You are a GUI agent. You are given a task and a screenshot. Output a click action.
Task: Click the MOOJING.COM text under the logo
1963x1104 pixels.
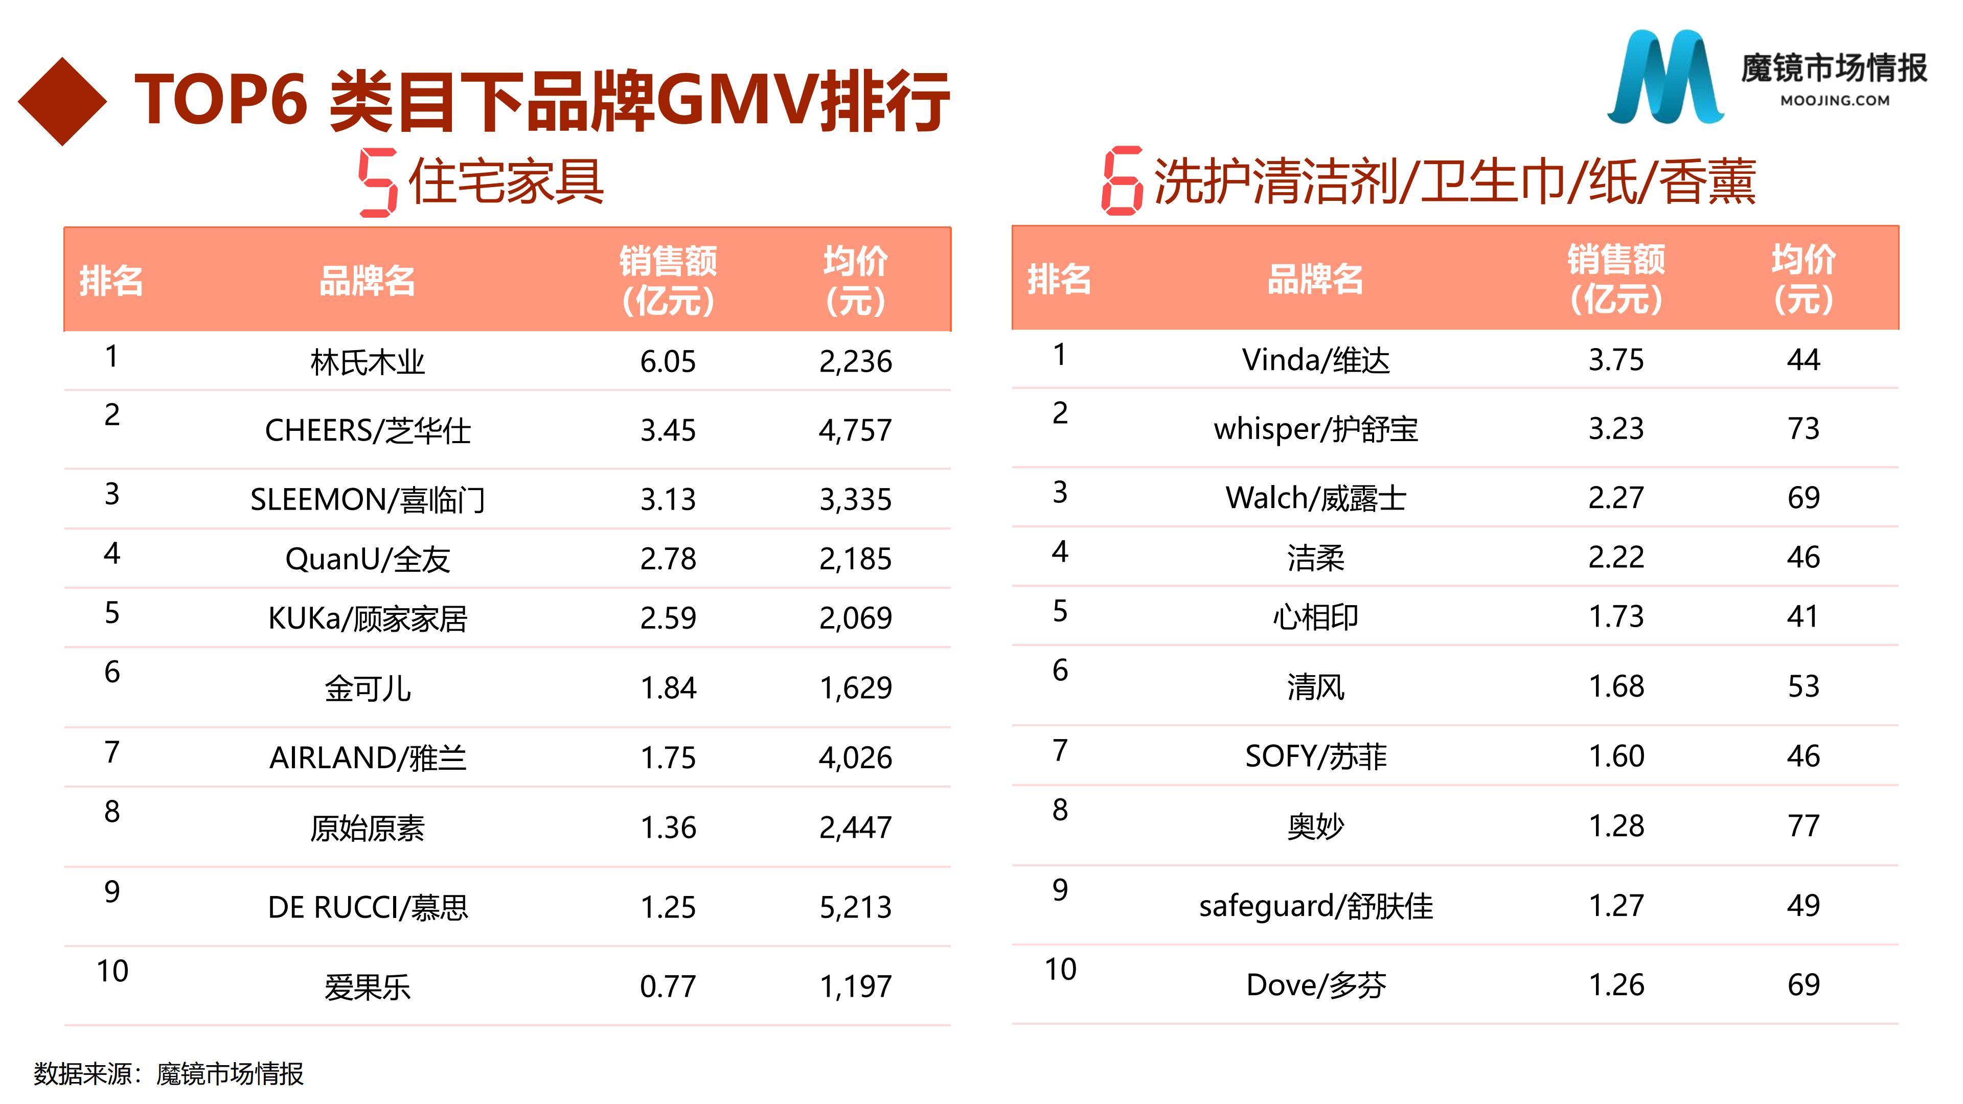(1835, 101)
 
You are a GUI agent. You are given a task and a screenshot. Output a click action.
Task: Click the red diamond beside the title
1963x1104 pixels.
(62, 101)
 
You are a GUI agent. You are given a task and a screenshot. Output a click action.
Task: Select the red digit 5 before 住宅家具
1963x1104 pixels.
(378, 183)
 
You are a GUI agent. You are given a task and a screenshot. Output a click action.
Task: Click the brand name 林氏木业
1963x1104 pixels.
(368, 362)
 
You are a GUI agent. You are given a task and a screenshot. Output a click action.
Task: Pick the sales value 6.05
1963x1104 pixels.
(668, 362)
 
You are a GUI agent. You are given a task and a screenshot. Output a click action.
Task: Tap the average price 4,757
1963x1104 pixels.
(855, 430)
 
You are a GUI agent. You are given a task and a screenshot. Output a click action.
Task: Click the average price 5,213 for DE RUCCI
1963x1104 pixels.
(855, 907)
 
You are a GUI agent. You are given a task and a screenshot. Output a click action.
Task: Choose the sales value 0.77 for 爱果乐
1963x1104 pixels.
(668, 986)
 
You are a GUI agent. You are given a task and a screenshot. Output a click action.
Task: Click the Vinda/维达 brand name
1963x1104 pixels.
(1316, 360)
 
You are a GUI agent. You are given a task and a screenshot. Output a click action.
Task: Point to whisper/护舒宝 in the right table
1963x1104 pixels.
(1316, 429)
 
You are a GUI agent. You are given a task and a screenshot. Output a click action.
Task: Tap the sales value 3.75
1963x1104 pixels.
(1616, 360)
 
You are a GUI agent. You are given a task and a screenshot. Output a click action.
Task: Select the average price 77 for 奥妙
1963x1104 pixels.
(1804, 826)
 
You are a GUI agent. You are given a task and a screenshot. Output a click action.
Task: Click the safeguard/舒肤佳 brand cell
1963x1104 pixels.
(1316, 906)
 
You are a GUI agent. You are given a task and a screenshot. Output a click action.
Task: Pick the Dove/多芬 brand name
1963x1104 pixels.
(1316, 985)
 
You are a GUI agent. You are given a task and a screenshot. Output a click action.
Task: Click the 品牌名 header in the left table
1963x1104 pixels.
(368, 281)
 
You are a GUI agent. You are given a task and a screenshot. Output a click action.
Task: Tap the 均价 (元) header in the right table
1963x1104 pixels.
(1804, 279)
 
